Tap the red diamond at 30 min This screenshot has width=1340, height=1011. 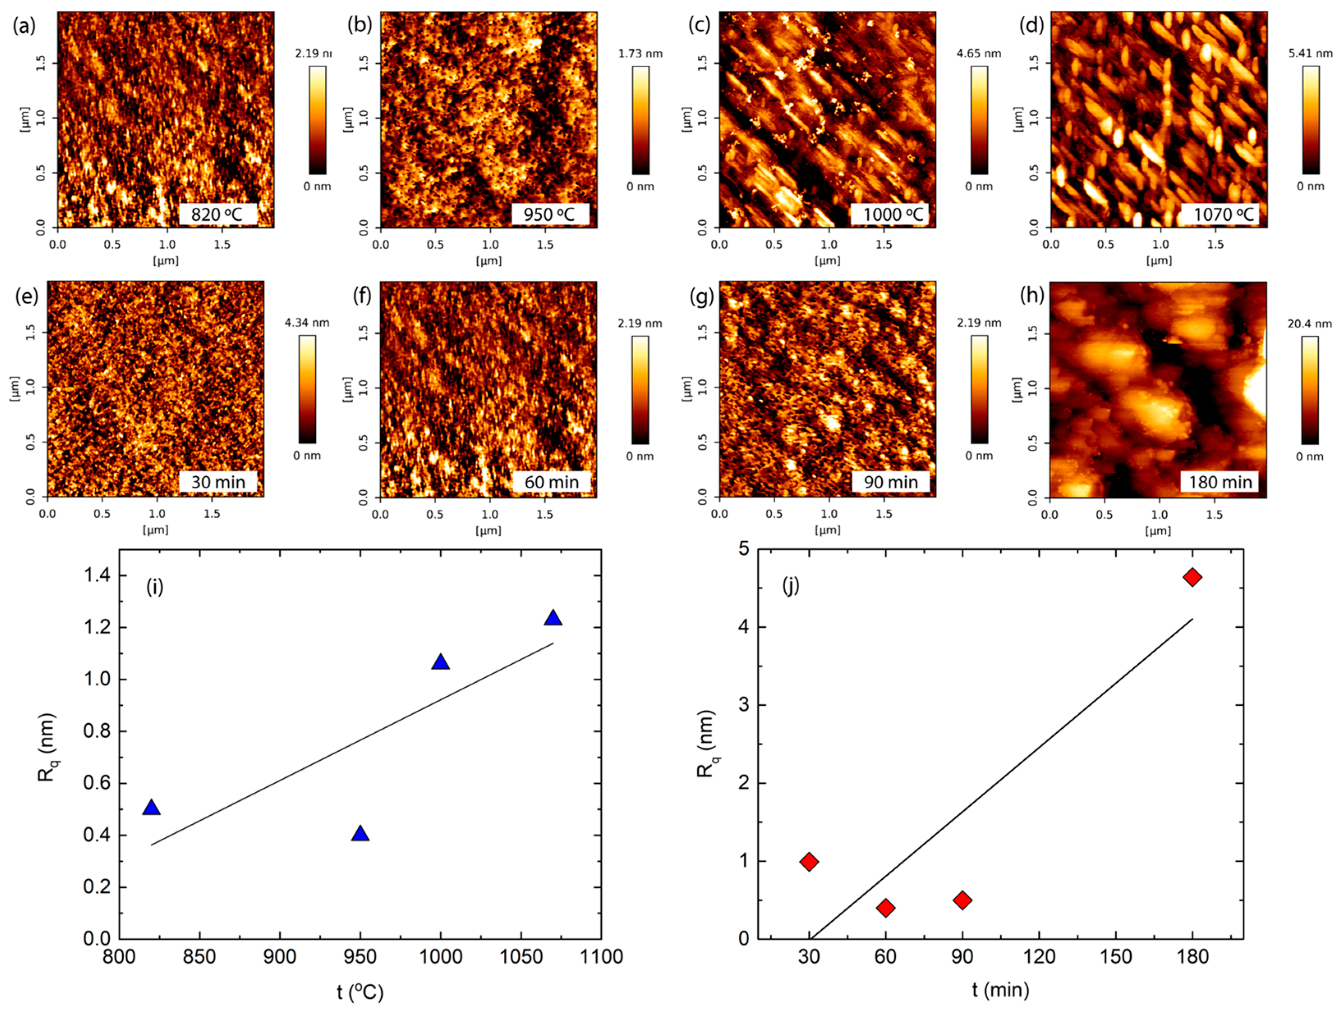[x=809, y=862]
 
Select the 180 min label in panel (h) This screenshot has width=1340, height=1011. [x=1220, y=483]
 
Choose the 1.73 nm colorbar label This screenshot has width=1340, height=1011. [x=640, y=53]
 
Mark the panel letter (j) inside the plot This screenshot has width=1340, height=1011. [x=791, y=586]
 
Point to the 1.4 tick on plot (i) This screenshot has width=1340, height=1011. [x=97, y=576]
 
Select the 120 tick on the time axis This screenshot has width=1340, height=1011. [x=1039, y=957]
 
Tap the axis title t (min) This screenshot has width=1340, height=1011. [x=1001, y=989]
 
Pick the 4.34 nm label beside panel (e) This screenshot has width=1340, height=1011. [x=307, y=323]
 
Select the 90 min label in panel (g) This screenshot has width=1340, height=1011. [x=890, y=483]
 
